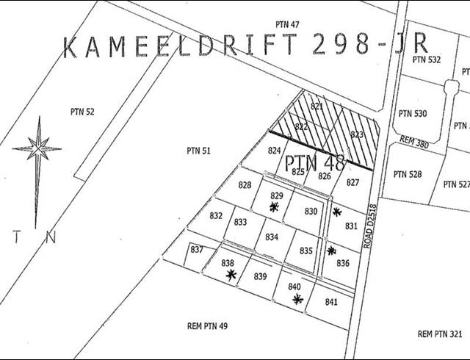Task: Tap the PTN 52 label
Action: point(82,112)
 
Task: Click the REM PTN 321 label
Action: point(439,334)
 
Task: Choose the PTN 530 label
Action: point(412,114)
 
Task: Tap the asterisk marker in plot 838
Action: point(231,275)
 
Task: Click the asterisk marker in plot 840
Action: point(297,299)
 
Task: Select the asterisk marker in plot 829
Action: point(274,207)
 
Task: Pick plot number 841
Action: point(330,302)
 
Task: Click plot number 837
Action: point(197,250)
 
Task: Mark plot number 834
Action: point(272,237)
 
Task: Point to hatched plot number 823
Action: point(357,134)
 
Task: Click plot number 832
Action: point(216,216)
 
